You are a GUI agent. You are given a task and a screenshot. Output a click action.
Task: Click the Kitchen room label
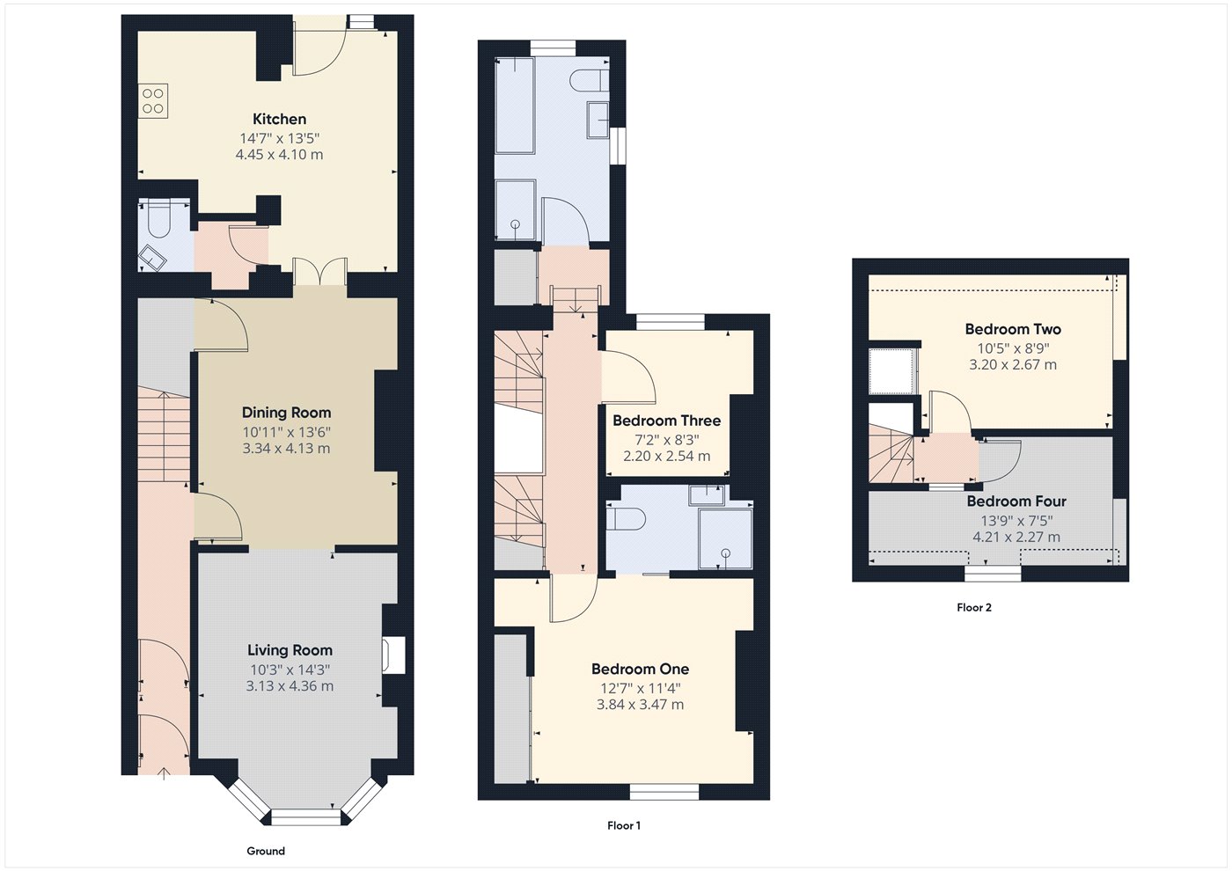tap(279, 119)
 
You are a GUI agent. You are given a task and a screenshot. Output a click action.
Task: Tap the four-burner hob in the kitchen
tap(152, 100)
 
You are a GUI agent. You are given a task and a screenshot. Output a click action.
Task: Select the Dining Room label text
tap(286, 413)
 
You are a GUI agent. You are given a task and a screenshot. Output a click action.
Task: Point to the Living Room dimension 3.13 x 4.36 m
tap(290, 686)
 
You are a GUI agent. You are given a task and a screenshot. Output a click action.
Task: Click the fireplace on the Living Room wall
tap(392, 655)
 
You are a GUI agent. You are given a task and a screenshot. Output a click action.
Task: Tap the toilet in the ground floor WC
tap(159, 220)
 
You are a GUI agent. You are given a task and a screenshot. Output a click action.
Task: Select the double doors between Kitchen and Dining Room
tap(319, 272)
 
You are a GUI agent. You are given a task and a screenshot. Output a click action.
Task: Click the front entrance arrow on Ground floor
tap(165, 772)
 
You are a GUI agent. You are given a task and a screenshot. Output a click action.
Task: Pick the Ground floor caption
tap(266, 851)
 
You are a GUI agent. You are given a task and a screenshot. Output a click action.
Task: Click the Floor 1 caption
tap(624, 825)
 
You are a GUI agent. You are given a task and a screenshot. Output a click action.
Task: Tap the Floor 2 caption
tap(974, 607)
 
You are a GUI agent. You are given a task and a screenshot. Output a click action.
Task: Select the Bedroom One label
tap(640, 669)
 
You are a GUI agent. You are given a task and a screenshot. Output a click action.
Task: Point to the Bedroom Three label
tap(666, 421)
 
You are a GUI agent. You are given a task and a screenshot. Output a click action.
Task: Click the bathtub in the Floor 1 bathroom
tap(515, 106)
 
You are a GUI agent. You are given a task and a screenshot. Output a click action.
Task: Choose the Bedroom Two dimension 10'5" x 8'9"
tap(1013, 348)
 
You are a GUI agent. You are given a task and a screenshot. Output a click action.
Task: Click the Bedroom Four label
tap(1016, 501)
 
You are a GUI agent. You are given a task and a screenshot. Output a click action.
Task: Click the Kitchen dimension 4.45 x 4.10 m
tap(279, 155)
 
